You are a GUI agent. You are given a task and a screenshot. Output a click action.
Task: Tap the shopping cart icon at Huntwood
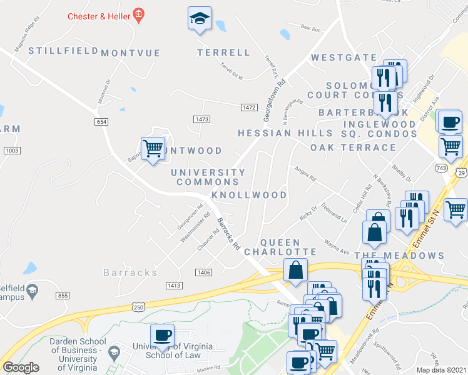153,149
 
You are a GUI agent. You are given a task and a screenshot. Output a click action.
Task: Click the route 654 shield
102,122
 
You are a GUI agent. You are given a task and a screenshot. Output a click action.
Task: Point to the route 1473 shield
201,119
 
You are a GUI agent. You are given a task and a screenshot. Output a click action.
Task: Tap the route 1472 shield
248,107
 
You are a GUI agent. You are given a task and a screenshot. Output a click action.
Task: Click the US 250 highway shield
140,306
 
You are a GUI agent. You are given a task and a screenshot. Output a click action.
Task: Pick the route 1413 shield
174,286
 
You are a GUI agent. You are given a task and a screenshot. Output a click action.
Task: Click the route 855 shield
62,295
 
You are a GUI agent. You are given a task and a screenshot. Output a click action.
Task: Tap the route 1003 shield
11,151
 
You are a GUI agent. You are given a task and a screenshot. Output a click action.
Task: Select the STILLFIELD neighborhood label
63,50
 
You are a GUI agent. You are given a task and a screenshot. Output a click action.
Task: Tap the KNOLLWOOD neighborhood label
249,195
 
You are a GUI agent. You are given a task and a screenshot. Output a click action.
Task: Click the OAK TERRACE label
354,147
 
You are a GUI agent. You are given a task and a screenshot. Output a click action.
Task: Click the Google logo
21,367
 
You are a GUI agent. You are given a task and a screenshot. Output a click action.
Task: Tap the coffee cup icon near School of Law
163,335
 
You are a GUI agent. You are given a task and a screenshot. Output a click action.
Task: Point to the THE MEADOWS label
399,256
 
